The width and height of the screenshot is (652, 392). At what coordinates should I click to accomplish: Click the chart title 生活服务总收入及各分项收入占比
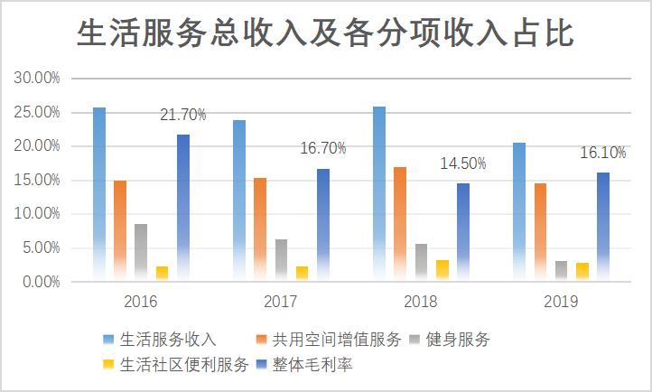click(x=325, y=34)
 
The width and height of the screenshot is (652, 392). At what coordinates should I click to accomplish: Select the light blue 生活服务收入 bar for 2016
click(x=99, y=194)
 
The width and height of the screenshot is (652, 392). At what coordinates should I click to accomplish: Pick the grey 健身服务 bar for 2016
click(x=141, y=252)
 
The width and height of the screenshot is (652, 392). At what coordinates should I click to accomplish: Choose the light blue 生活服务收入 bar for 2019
click(x=519, y=212)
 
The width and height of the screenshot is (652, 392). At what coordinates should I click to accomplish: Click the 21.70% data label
click(x=183, y=115)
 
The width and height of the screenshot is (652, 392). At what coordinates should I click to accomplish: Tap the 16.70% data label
click(x=323, y=148)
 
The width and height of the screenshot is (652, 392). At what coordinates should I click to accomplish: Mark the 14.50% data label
click(x=463, y=163)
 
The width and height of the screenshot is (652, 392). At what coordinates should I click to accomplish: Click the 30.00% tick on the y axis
click(x=37, y=79)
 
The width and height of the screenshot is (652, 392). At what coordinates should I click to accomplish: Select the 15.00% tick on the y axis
click(x=37, y=181)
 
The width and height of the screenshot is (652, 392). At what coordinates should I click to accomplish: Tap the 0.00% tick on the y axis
click(x=41, y=282)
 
